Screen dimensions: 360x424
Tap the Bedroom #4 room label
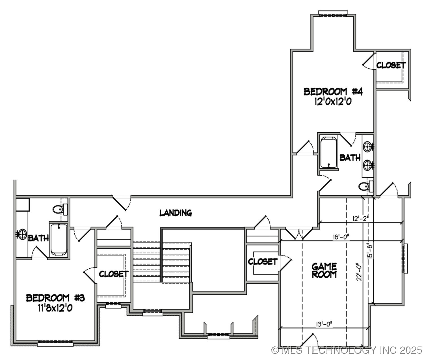(x=333, y=92)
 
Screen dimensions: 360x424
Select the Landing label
(x=176, y=213)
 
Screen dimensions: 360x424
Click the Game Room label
(x=324, y=270)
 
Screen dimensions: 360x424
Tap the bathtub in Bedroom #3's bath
(x=59, y=239)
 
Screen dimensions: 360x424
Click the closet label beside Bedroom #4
(x=391, y=65)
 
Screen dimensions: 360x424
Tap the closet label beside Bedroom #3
(x=114, y=274)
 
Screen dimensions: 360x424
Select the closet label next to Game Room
(x=263, y=262)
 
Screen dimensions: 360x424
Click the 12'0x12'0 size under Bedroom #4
(x=333, y=102)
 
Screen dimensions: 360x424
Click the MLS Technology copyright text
(x=347, y=350)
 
